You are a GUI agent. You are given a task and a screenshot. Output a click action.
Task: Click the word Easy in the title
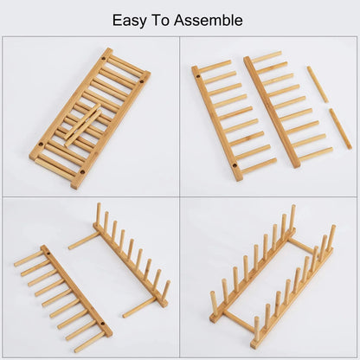point(131,20)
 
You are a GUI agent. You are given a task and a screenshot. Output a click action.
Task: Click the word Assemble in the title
point(212,20)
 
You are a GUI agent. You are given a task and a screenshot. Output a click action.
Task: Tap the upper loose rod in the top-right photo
point(317,85)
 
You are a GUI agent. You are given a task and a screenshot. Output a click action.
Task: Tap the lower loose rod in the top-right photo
point(340,128)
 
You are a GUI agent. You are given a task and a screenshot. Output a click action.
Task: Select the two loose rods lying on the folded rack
point(83,124)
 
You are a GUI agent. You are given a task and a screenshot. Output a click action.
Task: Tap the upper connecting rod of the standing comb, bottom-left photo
point(84,241)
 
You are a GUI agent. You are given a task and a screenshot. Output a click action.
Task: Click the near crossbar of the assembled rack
point(237,321)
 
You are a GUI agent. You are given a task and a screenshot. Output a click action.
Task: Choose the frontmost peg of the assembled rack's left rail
point(214,302)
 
